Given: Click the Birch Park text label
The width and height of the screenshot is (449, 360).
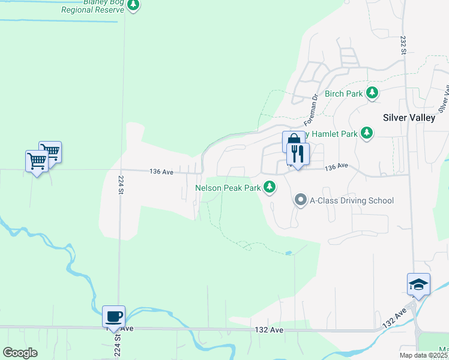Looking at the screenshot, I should tap(343, 94).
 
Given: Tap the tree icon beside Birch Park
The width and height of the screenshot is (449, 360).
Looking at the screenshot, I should tap(373, 93).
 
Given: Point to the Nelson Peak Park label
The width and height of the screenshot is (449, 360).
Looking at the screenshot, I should tap(228, 188).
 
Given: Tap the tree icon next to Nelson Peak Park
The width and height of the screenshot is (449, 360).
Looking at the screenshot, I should tap(270, 188).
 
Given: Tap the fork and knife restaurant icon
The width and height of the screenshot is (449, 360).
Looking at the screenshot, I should tap(298, 154).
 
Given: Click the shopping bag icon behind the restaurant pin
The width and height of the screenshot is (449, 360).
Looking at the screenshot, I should tap(291, 141).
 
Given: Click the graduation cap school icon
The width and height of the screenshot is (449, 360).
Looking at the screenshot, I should tap(418, 284).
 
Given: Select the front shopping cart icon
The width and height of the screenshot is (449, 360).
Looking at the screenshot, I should tap(37, 161).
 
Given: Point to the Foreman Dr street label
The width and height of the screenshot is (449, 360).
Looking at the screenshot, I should tap(313, 106).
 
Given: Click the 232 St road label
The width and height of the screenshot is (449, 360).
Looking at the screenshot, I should tap(402, 45).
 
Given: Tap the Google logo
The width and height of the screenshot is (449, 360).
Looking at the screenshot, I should tap(20, 353).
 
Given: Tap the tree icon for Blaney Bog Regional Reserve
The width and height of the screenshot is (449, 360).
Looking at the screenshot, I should tap(134, 5).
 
